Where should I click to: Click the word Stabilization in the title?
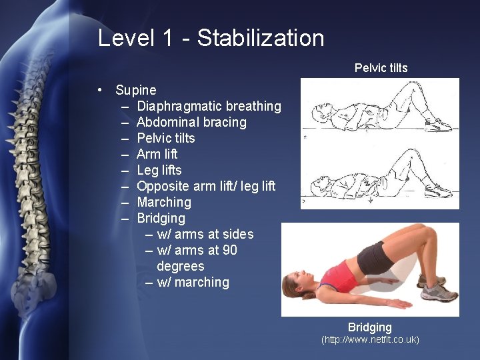pyautogui.click(x=261, y=38)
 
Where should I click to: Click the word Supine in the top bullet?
pyautogui.click(x=136, y=90)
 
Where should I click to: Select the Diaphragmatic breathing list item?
pyautogui.click(x=209, y=106)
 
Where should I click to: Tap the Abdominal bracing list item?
pyautogui.click(x=191, y=122)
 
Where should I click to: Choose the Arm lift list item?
pyautogui.click(x=157, y=154)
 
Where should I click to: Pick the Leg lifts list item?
pyautogui.click(x=159, y=170)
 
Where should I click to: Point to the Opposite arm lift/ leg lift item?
pyautogui.click(x=206, y=186)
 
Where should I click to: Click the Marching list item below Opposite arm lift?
pyautogui.click(x=164, y=202)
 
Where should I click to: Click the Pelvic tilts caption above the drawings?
pyautogui.click(x=381, y=68)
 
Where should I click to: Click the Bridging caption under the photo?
pyautogui.click(x=369, y=327)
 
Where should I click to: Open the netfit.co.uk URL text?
pyautogui.click(x=370, y=340)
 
